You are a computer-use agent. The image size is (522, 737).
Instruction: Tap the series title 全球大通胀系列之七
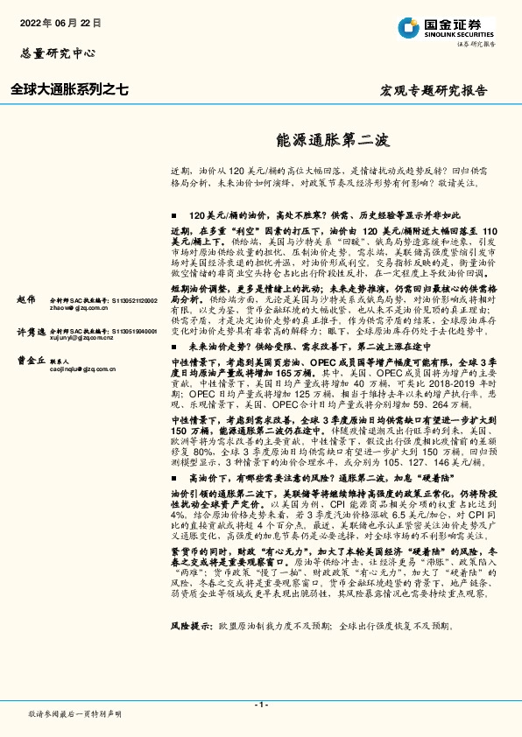pyautogui.click(x=69, y=89)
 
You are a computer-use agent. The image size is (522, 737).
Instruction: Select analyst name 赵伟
pyautogui.click(x=26, y=299)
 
